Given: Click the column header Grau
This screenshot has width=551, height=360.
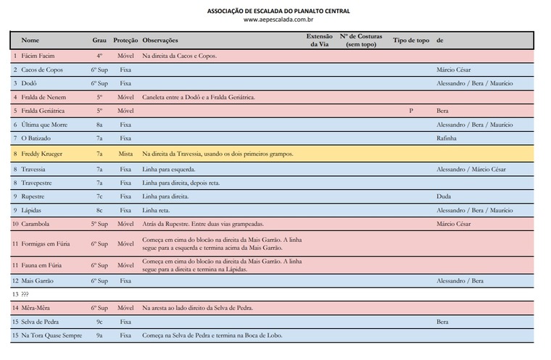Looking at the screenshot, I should click(99, 41).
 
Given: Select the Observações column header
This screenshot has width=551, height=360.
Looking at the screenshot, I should click(160, 41).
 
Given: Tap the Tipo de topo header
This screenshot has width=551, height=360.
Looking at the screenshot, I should click(411, 41).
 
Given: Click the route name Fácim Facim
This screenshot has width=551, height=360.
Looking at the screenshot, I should click(38, 56).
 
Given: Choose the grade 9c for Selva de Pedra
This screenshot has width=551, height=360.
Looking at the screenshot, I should click(99, 321).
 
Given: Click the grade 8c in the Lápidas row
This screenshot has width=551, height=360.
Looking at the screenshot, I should click(99, 210).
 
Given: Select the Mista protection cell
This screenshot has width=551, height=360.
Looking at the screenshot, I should click(125, 154).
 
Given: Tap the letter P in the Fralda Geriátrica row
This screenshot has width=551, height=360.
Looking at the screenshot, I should click(411, 111).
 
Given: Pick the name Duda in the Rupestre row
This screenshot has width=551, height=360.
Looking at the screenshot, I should click(444, 196).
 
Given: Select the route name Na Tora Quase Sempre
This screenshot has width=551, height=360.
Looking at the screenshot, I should click(51, 335).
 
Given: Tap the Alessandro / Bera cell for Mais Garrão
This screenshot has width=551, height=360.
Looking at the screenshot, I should click(460, 280).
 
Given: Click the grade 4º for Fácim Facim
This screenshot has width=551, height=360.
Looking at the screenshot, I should click(99, 56).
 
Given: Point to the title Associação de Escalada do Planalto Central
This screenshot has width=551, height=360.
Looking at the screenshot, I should click(278, 11).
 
